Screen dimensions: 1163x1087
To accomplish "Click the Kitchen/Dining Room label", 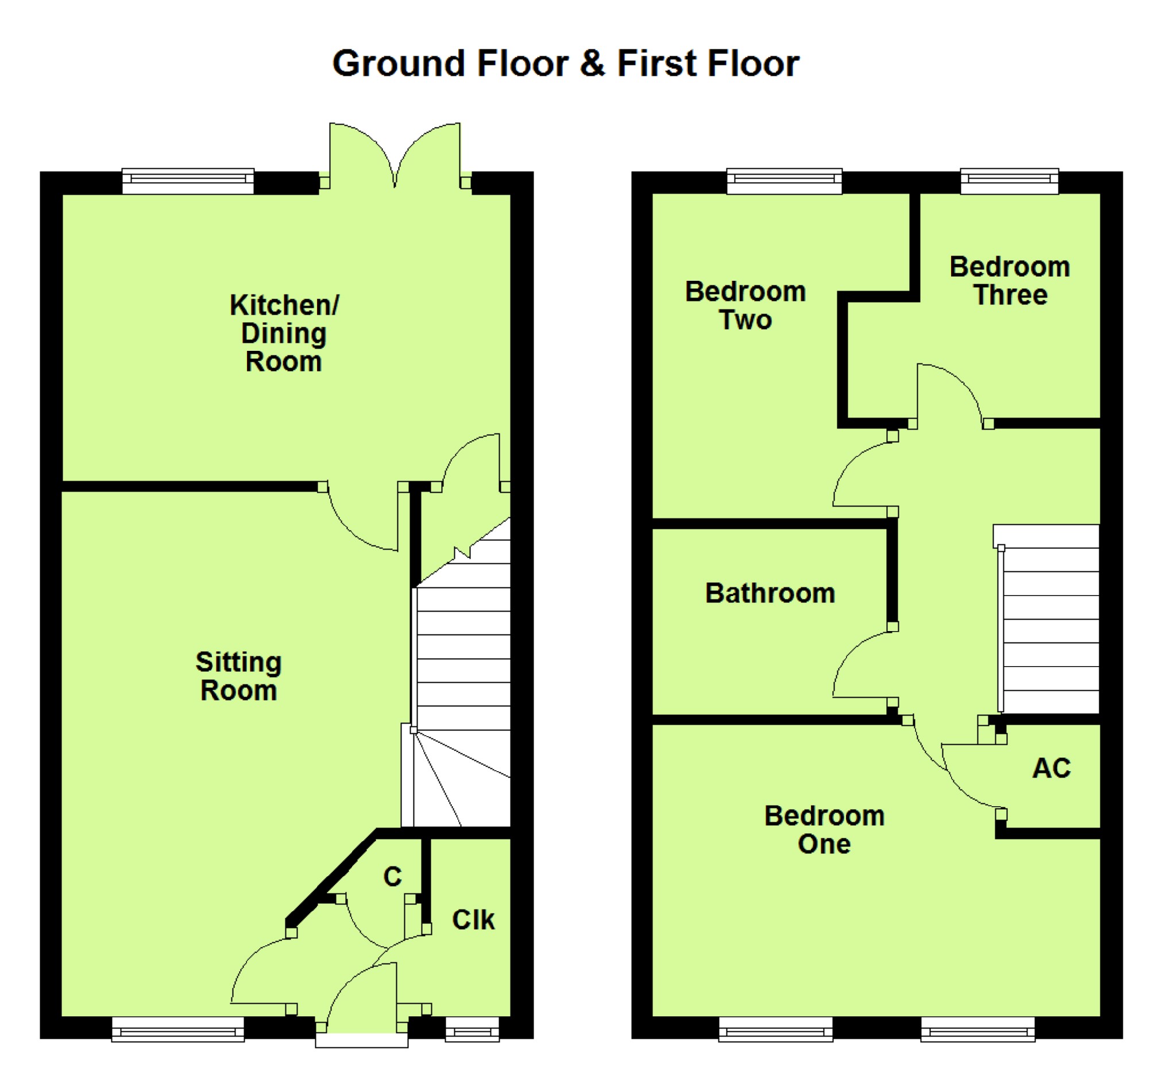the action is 284,333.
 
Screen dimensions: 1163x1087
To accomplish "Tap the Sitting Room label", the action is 239,676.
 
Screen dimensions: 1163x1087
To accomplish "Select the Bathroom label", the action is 770,593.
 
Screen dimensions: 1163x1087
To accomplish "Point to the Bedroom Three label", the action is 1010,281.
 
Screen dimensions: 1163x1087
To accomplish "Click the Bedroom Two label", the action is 745,305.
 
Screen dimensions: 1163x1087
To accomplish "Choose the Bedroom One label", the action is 824,830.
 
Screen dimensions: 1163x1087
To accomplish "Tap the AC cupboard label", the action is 1051,768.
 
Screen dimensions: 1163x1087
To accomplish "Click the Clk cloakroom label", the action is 473,920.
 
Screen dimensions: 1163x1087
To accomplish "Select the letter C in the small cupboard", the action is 392,876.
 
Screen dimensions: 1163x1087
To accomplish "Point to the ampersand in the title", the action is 592,63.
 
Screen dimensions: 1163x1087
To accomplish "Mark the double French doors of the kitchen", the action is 395,155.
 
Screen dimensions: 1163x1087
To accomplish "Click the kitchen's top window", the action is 188,181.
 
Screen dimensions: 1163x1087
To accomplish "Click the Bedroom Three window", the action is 1009,181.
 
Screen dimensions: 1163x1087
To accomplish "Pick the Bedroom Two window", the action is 785,181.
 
